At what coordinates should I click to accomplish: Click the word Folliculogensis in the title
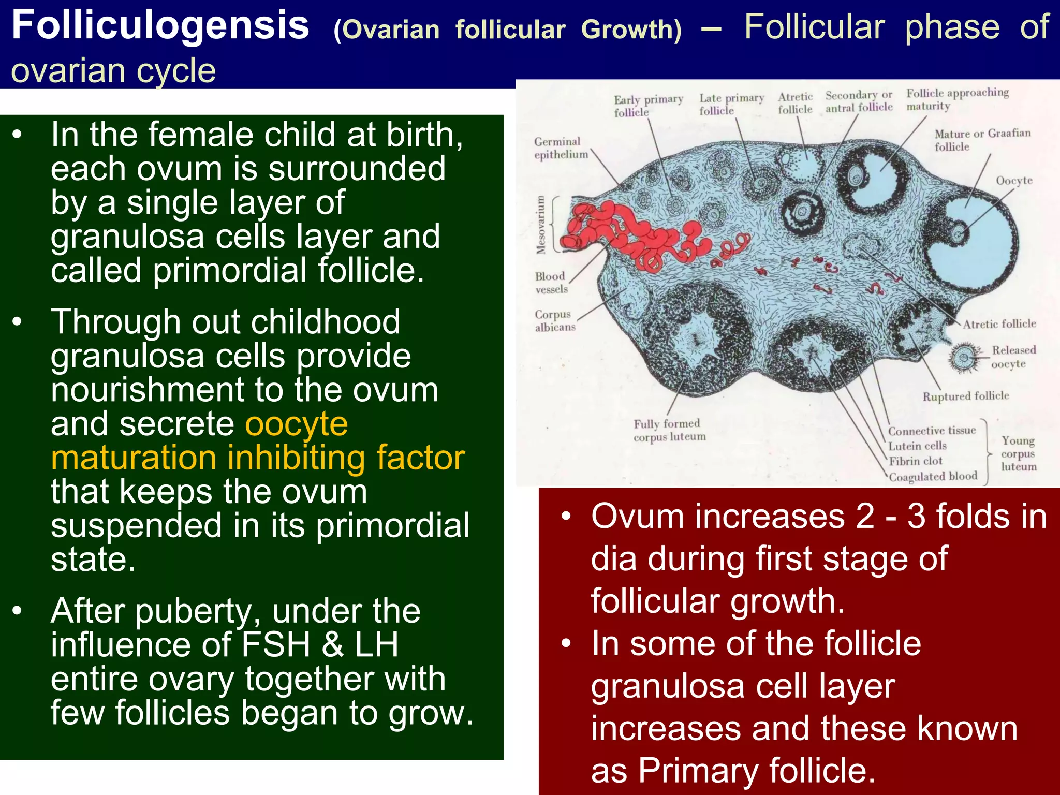(x=160, y=26)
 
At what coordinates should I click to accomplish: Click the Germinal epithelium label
(x=561, y=148)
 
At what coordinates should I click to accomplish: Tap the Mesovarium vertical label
(x=540, y=226)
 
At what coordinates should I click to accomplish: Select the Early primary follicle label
(x=648, y=106)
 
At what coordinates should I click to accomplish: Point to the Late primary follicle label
(x=731, y=104)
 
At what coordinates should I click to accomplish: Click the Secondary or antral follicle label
(x=859, y=101)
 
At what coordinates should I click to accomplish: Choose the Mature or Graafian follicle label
(x=982, y=140)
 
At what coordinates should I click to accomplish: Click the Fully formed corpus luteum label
(x=669, y=430)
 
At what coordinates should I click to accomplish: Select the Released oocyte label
(x=1013, y=357)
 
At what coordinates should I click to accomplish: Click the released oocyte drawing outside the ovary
(x=963, y=357)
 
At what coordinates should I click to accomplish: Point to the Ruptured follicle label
(x=965, y=396)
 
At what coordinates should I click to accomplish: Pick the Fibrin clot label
(x=915, y=461)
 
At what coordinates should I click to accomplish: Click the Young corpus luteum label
(x=1018, y=453)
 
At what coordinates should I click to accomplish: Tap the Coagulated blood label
(x=933, y=476)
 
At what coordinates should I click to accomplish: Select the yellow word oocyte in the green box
(x=296, y=424)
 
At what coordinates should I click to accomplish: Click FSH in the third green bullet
(x=276, y=645)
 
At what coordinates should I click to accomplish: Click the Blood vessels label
(x=551, y=283)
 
